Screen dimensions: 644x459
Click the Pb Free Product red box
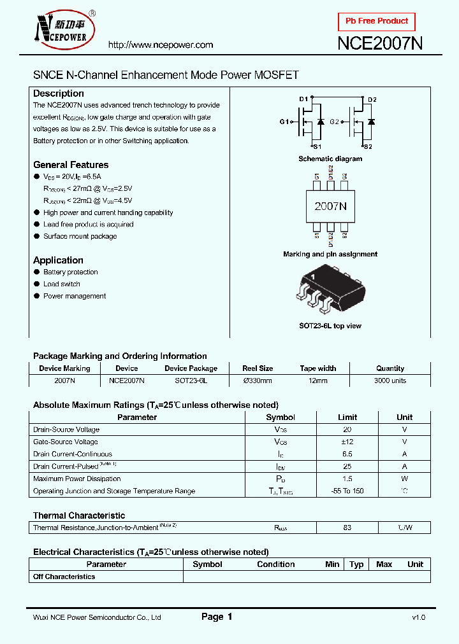(x=376, y=22)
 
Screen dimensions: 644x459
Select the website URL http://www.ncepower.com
(x=160, y=45)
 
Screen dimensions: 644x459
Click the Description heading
(x=59, y=94)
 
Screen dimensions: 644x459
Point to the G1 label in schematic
(x=284, y=122)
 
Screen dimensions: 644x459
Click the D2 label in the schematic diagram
(x=372, y=100)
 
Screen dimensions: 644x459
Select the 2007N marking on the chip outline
(x=330, y=206)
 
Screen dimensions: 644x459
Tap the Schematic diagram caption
(x=330, y=159)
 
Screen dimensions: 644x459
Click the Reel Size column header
(x=258, y=368)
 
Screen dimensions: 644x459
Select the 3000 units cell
(x=390, y=381)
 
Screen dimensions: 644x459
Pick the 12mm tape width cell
(x=317, y=381)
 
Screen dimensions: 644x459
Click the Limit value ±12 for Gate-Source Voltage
(x=347, y=442)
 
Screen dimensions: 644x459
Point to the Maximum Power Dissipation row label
(x=76, y=479)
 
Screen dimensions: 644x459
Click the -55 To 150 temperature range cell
(x=348, y=491)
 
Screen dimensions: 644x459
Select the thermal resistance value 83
(x=347, y=528)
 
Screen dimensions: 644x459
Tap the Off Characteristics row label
(x=64, y=577)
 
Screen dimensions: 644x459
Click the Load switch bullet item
(x=62, y=284)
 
